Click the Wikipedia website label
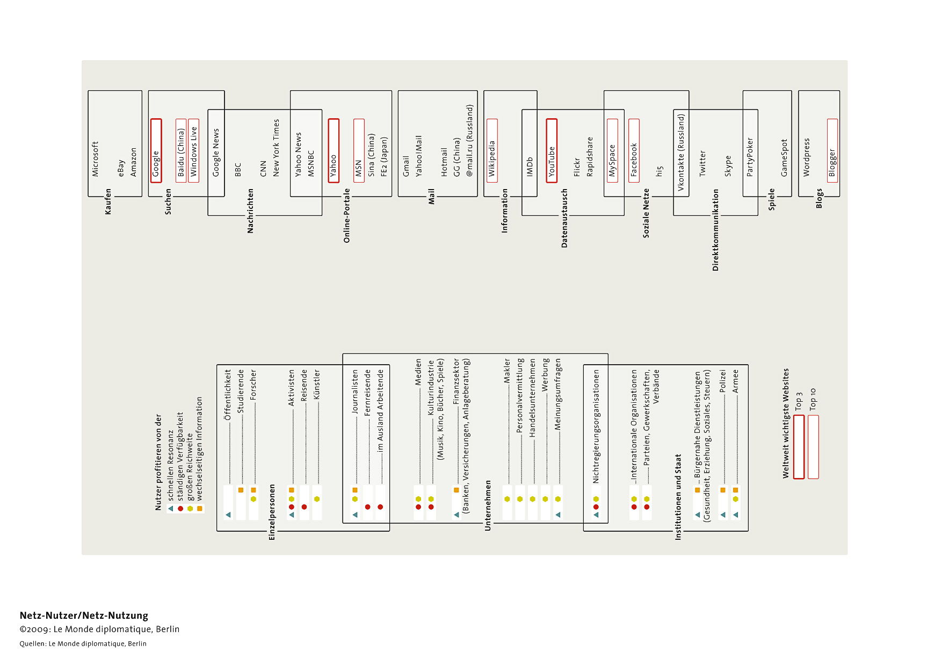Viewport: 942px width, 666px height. click(x=492, y=159)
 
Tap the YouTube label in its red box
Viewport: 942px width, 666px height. click(x=552, y=162)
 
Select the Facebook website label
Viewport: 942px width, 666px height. click(x=634, y=160)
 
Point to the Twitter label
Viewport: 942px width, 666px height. click(x=702, y=163)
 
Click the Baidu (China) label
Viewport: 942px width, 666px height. click(x=181, y=153)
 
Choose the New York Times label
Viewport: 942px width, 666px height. click(x=276, y=148)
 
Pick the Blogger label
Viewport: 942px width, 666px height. click(x=832, y=163)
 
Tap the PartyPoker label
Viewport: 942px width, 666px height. click(x=750, y=157)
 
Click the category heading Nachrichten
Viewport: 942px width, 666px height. click(x=250, y=211)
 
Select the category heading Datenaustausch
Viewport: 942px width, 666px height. click(x=564, y=218)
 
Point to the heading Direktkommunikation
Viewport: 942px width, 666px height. click(x=715, y=230)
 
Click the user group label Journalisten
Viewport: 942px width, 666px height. click(x=355, y=392)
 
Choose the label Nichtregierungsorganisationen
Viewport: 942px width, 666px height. click(x=596, y=426)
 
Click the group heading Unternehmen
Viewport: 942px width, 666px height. click(x=488, y=505)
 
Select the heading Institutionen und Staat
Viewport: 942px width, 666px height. click(x=678, y=497)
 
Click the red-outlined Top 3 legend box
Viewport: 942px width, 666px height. click(x=799, y=446)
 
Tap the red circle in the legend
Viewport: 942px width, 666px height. click(x=180, y=509)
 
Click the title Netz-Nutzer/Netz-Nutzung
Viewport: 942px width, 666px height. click(x=84, y=616)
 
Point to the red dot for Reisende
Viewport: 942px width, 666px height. click(x=304, y=507)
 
